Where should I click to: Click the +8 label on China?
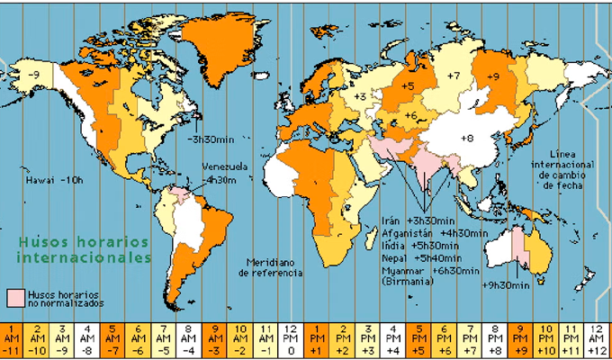(x=466, y=138)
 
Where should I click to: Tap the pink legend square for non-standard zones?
(x=15, y=296)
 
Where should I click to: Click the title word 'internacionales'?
(x=83, y=257)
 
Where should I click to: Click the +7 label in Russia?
(x=454, y=75)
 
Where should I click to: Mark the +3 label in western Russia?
(x=359, y=94)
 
